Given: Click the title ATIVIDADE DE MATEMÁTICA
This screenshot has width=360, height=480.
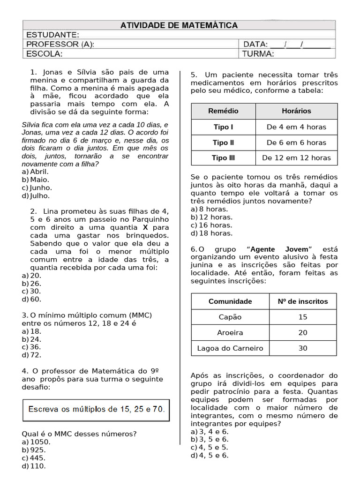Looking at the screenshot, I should click(x=179, y=25).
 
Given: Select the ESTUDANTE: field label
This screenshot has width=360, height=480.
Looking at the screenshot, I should click(x=52, y=35).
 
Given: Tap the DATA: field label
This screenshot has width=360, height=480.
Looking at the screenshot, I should click(x=255, y=45).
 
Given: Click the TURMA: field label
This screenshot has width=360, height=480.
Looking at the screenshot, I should click(x=258, y=54).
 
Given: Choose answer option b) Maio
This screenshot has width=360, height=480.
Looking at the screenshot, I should click(x=36, y=180).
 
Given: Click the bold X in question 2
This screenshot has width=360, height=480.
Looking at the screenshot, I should click(x=145, y=227).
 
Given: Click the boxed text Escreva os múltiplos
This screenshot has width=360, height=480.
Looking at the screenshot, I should click(x=97, y=409).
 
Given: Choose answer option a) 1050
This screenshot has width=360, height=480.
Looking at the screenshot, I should click(x=35, y=442).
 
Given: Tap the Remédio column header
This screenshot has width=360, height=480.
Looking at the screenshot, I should click(x=223, y=111).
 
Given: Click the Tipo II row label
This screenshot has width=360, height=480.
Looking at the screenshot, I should click(x=223, y=142).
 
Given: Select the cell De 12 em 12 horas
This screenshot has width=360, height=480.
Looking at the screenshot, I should click(x=296, y=158).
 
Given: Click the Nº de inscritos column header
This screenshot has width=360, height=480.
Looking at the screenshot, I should click(x=303, y=301).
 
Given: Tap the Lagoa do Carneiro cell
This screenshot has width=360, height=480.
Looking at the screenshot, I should click(x=230, y=348).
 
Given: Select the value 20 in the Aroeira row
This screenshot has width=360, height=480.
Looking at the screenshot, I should click(x=303, y=332).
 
